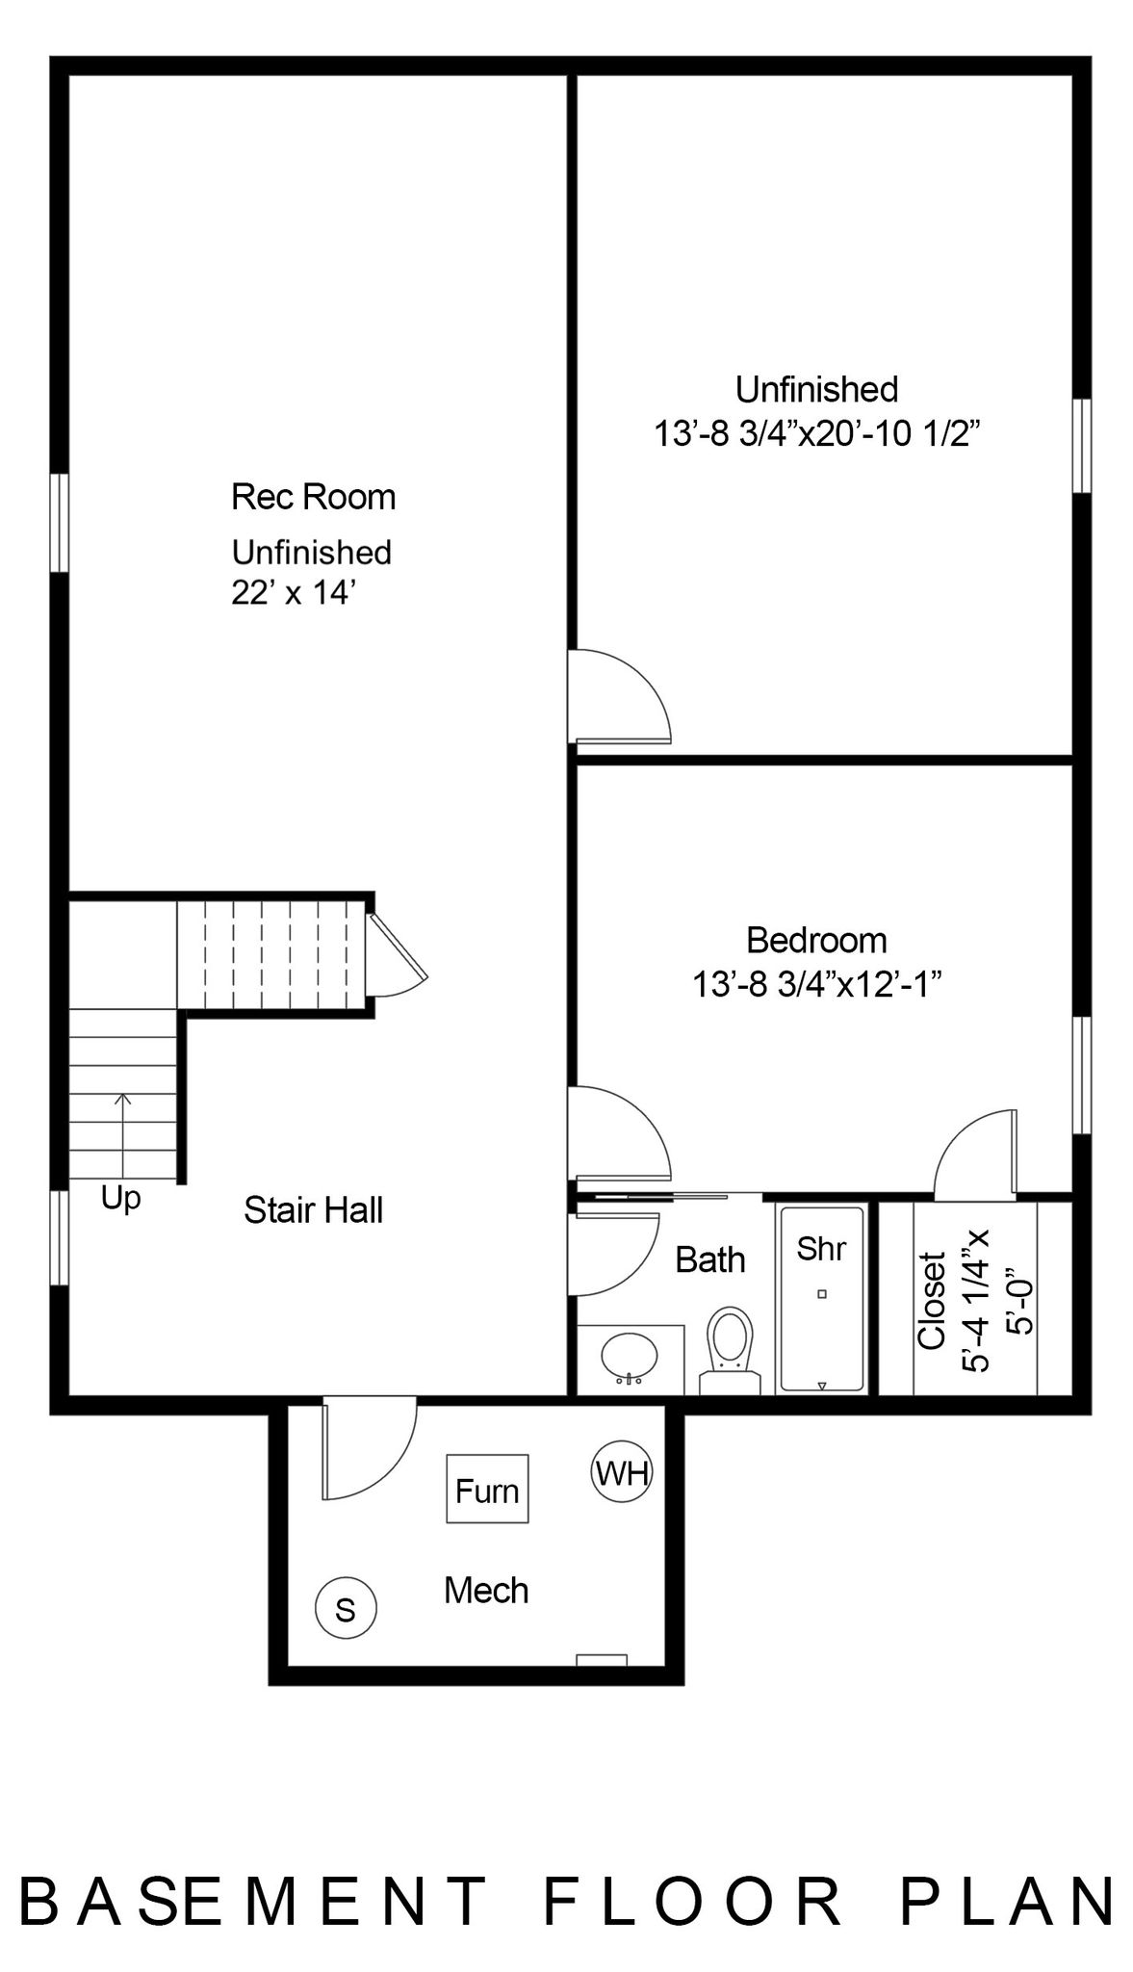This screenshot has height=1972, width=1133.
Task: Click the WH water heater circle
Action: coord(621,1472)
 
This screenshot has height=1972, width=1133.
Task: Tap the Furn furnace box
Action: coord(487,1489)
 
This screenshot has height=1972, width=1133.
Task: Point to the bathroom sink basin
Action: coord(630,1357)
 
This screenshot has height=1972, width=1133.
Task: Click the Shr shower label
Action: coord(821,1249)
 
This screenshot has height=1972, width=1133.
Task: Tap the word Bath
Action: coord(710,1259)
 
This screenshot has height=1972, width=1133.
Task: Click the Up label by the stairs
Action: coord(121,1200)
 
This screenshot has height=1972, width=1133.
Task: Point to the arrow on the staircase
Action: coord(122,1135)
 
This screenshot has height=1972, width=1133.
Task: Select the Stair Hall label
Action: coord(314,1210)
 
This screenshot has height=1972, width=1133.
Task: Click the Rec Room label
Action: coord(314,497)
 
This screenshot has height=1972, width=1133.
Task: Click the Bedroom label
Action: coord(816,940)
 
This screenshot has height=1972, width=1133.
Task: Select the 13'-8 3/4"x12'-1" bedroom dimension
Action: coord(816,985)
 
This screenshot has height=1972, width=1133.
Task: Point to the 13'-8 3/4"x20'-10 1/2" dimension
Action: coord(816,434)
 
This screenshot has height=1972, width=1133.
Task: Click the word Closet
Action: coord(931,1300)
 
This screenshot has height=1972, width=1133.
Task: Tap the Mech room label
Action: coord(486,1591)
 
